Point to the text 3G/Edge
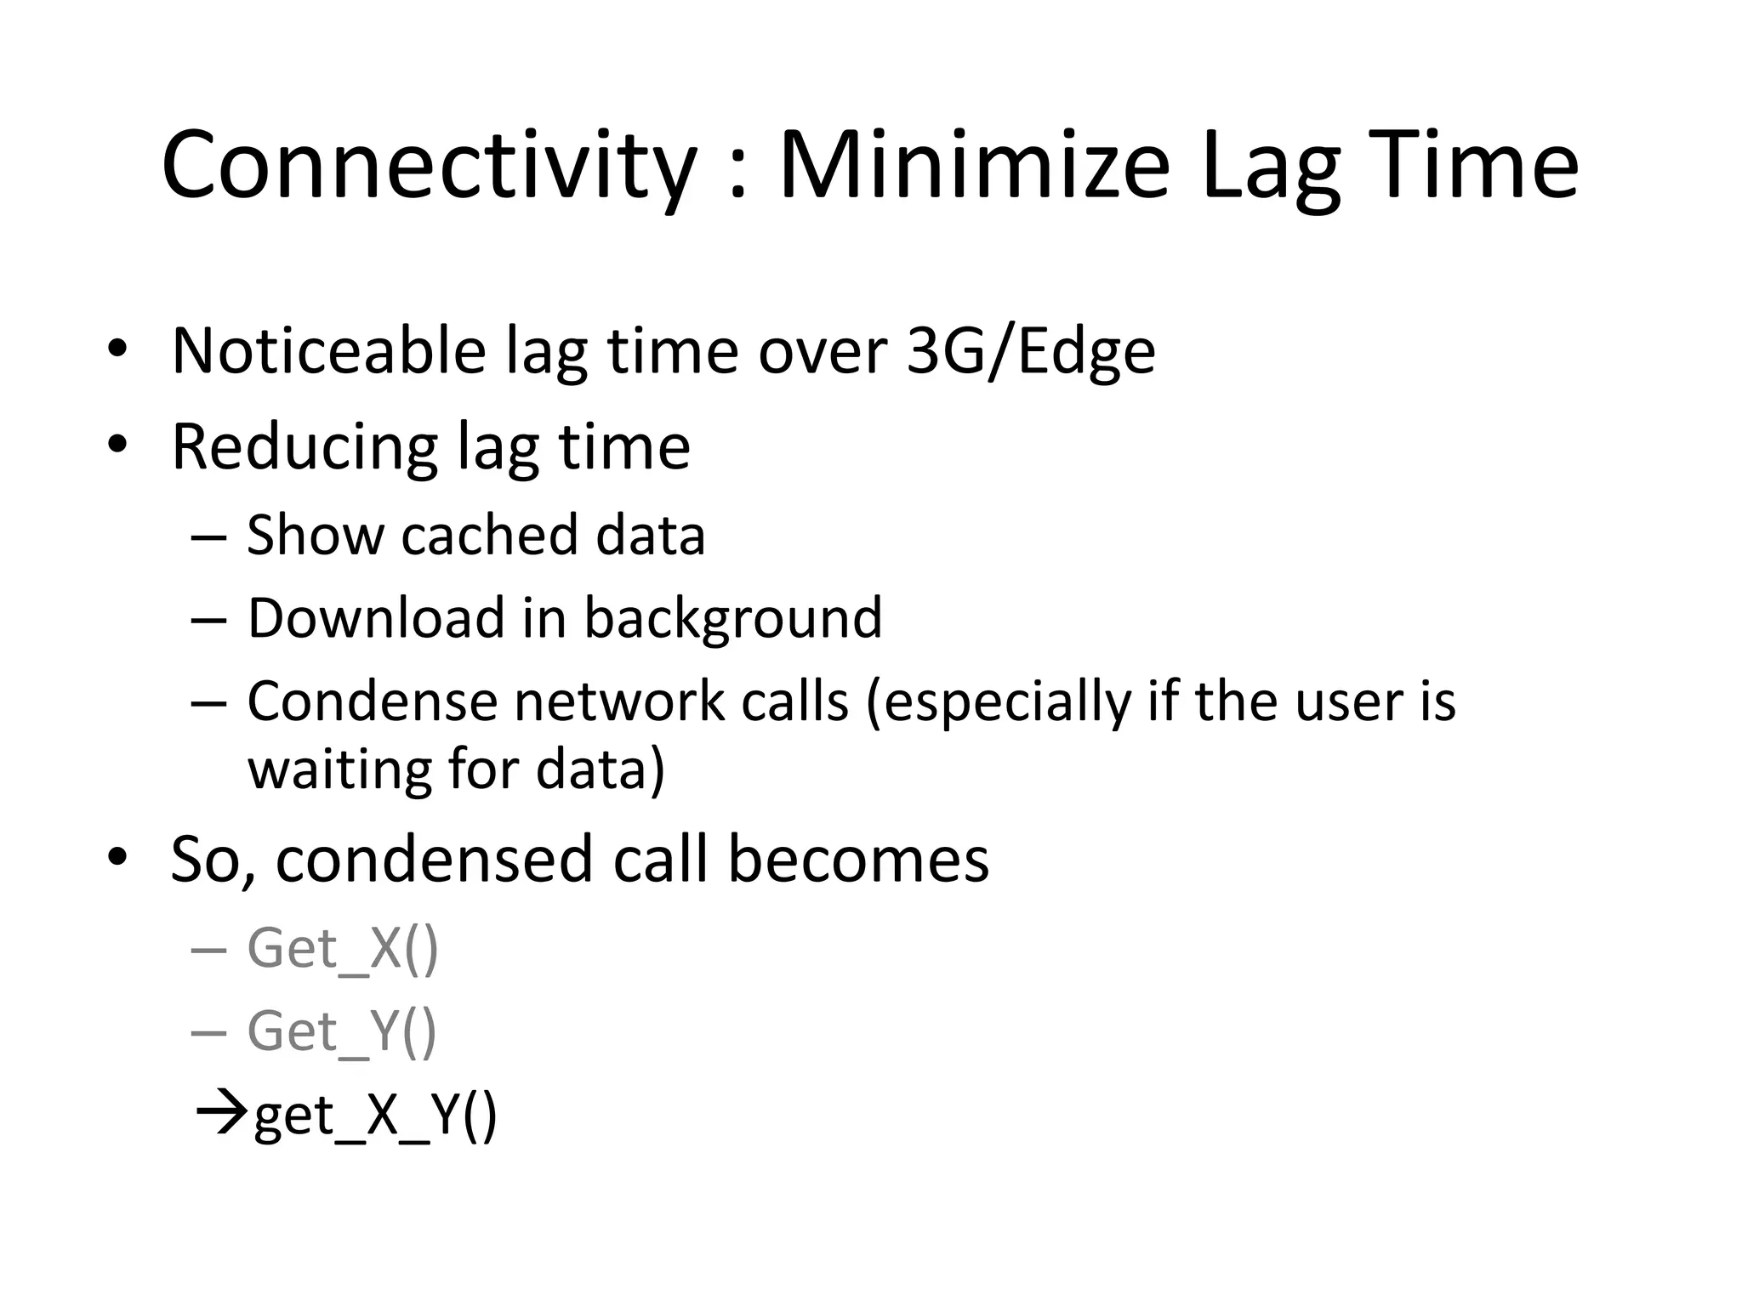[x=1030, y=351]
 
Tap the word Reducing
[x=305, y=447]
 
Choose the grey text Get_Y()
[x=341, y=1031]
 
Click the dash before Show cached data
[x=209, y=537]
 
